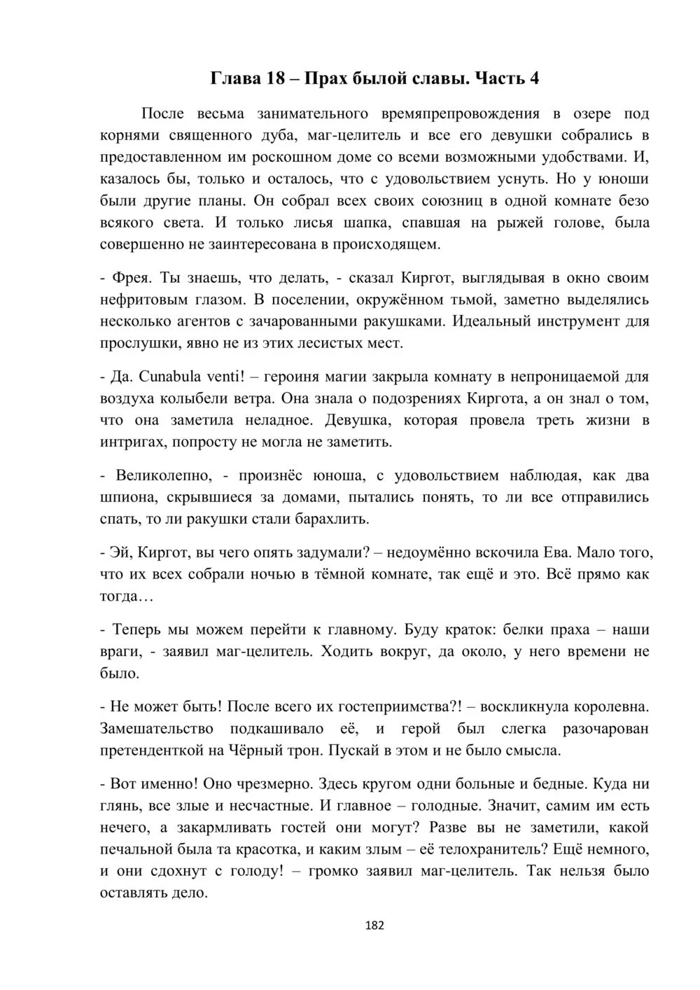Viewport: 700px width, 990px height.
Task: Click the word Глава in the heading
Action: click(x=235, y=78)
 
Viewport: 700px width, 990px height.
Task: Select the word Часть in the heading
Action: click(x=499, y=78)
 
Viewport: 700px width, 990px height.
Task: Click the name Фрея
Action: click(x=131, y=278)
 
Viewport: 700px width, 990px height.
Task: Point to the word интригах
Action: click(x=130, y=442)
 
